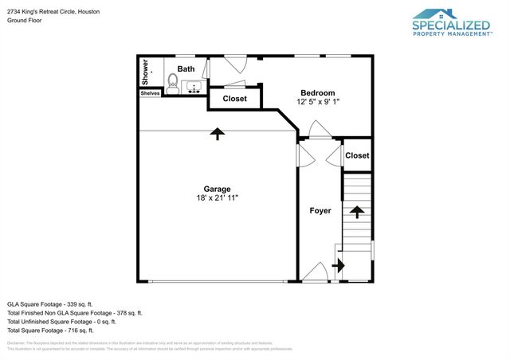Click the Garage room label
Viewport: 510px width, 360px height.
217,189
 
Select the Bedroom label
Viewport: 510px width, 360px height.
317,92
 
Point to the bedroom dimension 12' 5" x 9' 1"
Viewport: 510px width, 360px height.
318,102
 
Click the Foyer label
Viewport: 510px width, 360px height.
320,211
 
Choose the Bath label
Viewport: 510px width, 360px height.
186,69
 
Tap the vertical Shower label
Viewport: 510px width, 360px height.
146,73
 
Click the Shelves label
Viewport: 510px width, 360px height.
150,93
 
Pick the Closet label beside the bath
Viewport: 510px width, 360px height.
234,99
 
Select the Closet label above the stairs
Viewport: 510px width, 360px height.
357,155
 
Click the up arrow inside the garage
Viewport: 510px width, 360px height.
217,134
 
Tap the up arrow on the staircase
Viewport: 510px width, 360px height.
357,212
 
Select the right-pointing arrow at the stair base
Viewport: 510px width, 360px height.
338,266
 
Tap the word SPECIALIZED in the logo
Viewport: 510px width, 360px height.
450,24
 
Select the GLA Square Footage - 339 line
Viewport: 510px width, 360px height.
50,303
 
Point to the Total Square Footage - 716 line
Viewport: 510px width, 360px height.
50,330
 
